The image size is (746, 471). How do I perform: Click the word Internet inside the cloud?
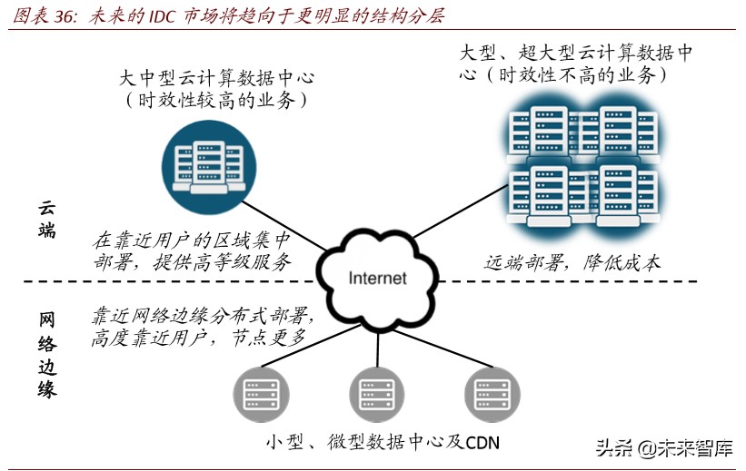378,278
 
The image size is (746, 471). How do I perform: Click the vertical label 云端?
47,219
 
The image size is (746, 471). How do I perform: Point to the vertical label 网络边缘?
47,355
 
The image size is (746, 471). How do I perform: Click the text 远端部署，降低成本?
572,263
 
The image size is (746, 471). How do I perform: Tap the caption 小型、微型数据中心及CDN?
383,442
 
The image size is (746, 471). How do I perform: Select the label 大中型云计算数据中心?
216,76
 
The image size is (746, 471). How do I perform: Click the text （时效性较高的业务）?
216,100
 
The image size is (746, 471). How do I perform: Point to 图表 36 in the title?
40,16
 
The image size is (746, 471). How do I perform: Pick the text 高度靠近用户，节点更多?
198,338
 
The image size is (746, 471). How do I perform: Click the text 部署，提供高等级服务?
191,263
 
